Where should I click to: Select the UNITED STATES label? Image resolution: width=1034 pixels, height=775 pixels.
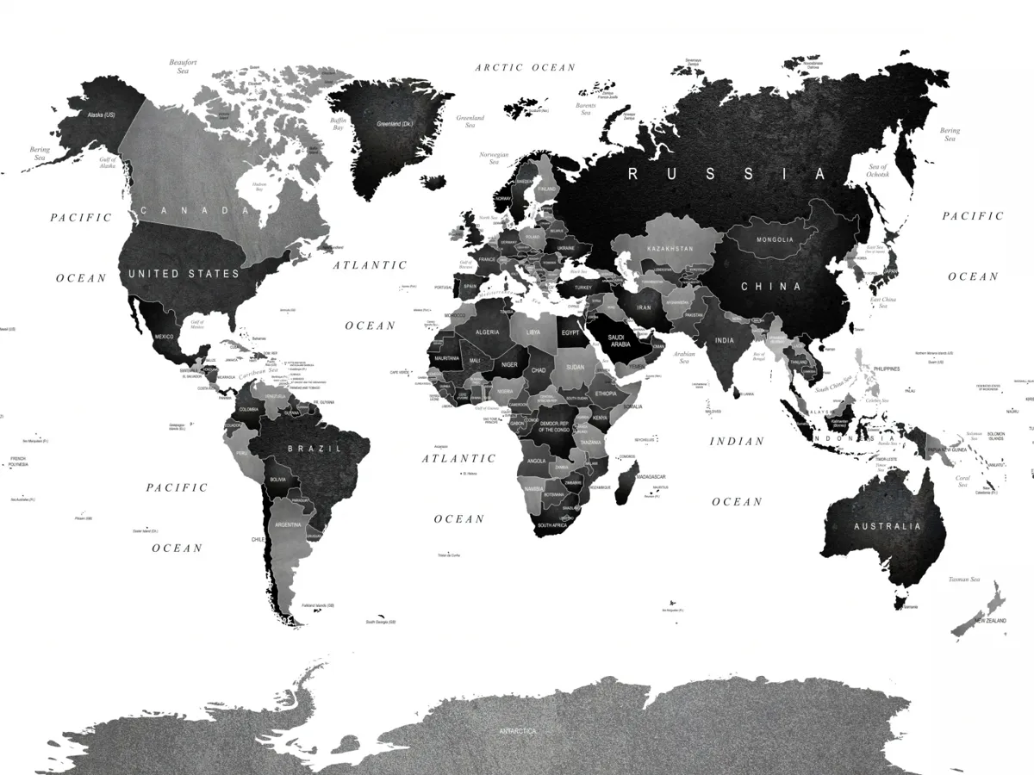(x=184, y=274)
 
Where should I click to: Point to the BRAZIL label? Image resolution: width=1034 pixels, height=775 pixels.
(x=315, y=449)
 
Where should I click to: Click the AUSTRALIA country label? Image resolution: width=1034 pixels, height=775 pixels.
(x=887, y=526)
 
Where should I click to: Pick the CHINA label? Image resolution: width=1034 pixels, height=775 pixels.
(x=771, y=287)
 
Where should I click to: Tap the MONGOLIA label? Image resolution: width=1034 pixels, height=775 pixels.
(x=775, y=239)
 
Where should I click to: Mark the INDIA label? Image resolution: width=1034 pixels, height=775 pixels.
(x=724, y=340)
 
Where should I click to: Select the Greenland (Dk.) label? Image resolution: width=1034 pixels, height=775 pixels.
(x=395, y=124)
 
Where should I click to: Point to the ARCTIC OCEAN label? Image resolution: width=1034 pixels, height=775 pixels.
(x=525, y=67)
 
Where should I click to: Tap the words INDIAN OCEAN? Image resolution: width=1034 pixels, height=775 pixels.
(x=737, y=470)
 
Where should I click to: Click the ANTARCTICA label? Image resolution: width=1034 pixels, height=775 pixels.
(x=517, y=731)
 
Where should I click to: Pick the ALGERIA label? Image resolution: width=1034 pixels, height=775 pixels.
(x=488, y=332)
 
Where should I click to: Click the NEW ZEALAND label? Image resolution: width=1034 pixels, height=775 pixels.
(x=990, y=621)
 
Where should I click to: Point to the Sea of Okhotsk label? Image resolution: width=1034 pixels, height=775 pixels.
(x=878, y=170)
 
